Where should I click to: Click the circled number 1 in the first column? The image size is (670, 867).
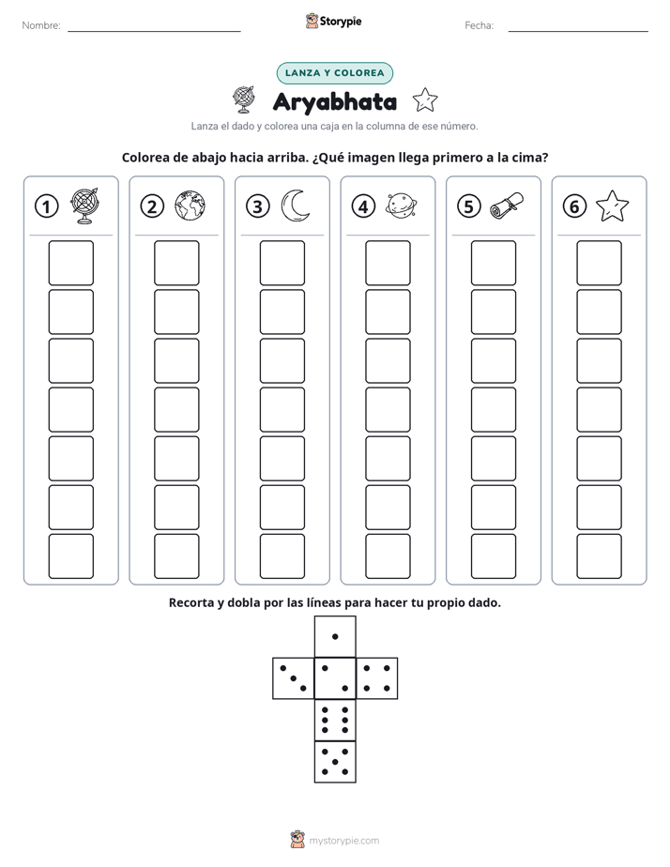coord(46,206)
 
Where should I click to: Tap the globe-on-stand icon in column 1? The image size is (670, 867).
coord(85,205)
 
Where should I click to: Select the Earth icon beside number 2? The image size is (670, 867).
coord(190,205)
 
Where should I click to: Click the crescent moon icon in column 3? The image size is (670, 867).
coord(294,205)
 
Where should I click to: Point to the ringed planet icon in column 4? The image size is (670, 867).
coord(401,205)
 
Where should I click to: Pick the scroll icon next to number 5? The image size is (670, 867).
coord(507,205)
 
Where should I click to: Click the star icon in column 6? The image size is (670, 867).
coord(613,205)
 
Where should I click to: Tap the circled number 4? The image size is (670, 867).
coord(363,206)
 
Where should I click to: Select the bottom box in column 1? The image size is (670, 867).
coord(70,556)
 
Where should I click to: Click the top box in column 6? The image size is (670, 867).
coord(600,263)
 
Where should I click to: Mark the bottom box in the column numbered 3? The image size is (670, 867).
coord(282,556)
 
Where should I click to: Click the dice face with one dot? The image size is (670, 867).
coord(335,637)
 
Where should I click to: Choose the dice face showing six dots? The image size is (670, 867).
coord(335,720)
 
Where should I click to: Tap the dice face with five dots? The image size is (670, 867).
coord(335,762)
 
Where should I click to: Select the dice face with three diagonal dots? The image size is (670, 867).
coord(294,678)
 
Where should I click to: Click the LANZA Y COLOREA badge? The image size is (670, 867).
coord(334,73)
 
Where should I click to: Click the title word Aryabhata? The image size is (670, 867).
coord(335,102)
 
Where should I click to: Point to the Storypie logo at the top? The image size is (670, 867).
coord(333,22)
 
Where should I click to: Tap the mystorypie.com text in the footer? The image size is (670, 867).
coord(343,841)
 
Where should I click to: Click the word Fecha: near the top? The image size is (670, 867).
coord(479,25)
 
